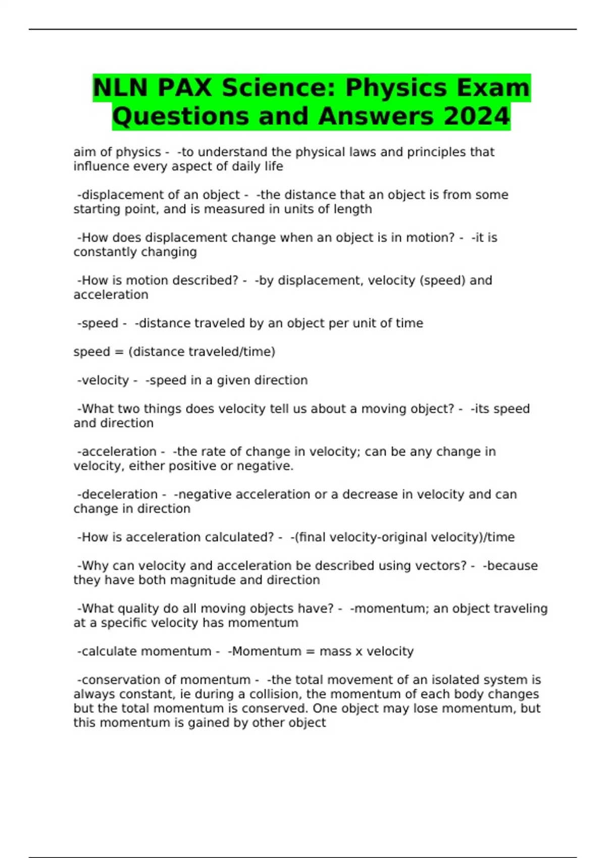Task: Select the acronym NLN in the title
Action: pyautogui.click(x=120, y=88)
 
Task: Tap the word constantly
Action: pyautogui.click(x=103, y=252)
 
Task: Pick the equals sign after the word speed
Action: pyautogui.click(x=120, y=352)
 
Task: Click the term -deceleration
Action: pyautogui.click(x=117, y=494)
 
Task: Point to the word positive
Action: pyautogui.click(x=195, y=466)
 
